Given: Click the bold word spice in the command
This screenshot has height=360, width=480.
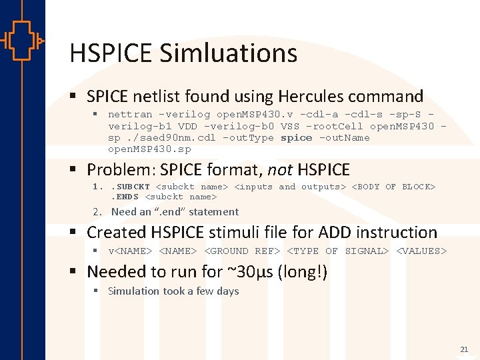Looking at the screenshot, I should point(296,137).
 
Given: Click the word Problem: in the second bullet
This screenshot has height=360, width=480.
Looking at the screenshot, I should point(123,170).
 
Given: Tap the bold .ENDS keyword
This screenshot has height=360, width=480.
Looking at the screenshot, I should point(125,197).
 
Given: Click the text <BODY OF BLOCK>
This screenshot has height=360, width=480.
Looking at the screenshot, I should point(393,187).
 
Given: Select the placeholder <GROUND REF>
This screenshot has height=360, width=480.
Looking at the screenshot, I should point(241,251).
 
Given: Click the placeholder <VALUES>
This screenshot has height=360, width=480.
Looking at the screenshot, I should point(421,251).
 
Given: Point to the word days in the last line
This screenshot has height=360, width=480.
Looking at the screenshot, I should point(227,291).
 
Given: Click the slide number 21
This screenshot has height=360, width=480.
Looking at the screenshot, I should point(464,349).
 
